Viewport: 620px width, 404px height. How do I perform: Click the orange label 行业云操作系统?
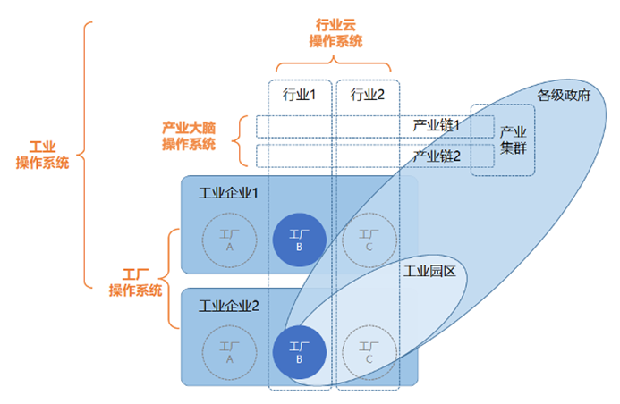click(335, 33)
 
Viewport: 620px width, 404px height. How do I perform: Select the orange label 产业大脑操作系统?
click(189, 135)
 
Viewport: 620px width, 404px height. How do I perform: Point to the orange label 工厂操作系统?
click(135, 282)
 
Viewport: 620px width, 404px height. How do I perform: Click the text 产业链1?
click(436, 125)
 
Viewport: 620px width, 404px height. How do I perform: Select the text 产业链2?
click(436, 156)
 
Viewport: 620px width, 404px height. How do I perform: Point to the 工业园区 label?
click(429, 270)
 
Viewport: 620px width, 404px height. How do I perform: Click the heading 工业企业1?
click(228, 192)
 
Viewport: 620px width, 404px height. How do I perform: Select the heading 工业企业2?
click(228, 306)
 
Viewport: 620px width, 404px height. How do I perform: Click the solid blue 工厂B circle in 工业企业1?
click(300, 240)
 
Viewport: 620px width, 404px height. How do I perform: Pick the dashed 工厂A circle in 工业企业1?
click(230, 240)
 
